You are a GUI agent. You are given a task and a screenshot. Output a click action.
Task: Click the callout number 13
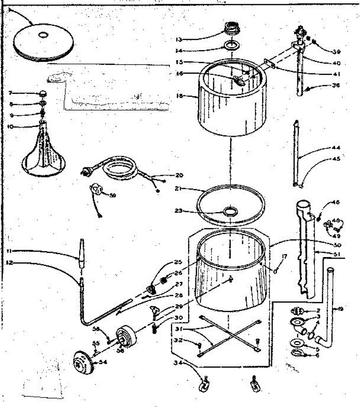[x=178, y=39]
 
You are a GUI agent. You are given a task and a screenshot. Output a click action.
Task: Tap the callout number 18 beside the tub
[x=178, y=96]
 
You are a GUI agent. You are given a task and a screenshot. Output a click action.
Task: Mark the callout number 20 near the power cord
[x=179, y=175]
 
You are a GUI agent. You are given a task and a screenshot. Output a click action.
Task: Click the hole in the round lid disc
[x=44, y=35]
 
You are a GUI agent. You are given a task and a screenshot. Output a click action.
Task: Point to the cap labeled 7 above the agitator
[x=43, y=93]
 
